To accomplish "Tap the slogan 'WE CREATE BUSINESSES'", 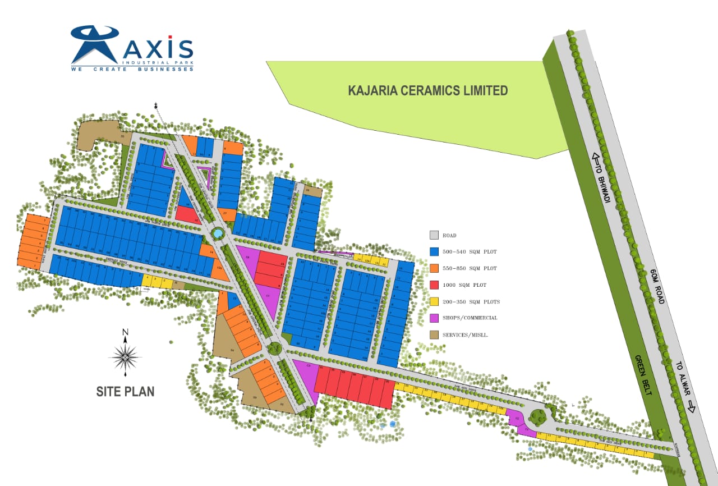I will [x=132, y=69].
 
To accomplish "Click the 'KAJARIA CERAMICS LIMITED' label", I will [x=428, y=90].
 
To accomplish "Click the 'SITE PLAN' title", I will [x=125, y=391].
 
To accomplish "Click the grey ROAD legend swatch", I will [x=434, y=235].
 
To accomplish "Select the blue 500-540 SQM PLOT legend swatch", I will [x=434, y=252].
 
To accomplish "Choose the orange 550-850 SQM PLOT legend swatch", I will [x=434, y=268].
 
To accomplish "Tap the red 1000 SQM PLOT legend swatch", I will [x=434, y=285].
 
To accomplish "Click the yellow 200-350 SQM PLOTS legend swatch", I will [x=434, y=302].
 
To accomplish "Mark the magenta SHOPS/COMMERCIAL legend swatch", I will [x=434, y=318].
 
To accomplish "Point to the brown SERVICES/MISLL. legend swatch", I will [x=434, y=335].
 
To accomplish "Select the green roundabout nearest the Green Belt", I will [x=538, y=416].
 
